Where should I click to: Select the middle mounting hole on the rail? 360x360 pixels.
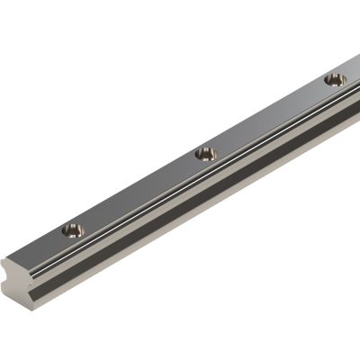[206, 154]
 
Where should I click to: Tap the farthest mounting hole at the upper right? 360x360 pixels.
[335, 79]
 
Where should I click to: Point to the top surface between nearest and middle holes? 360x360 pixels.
[139, 193]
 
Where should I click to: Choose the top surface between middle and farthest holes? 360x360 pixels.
[270, 117]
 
